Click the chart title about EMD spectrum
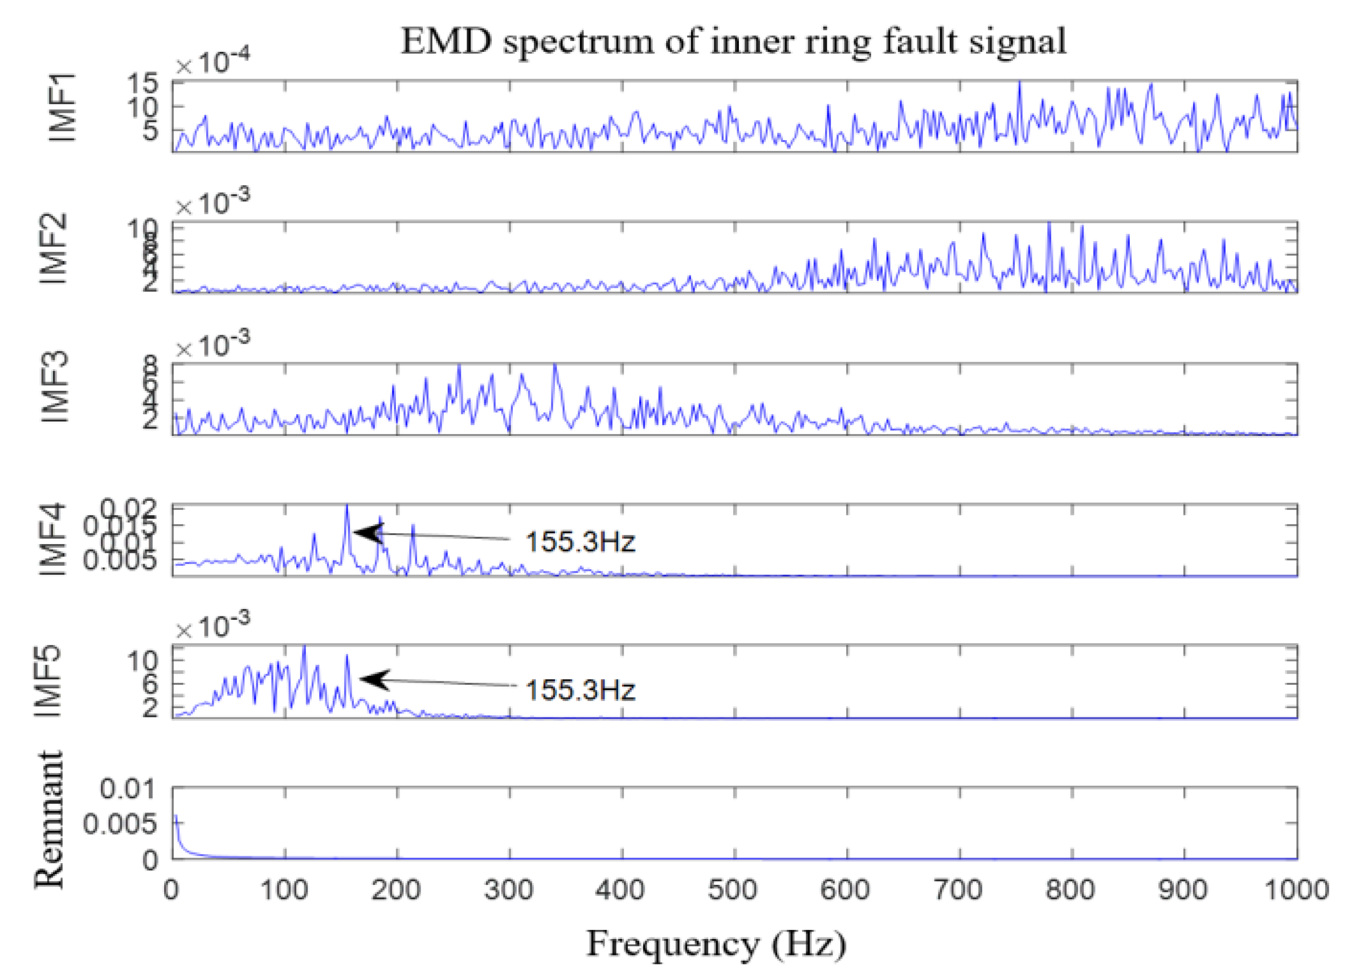tap(733, 42)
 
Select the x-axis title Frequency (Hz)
tap(716, 944)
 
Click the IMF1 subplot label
tap(62, 108)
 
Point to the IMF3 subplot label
tap(56, 388)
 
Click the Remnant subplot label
tap(48, 820)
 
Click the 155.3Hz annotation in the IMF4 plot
tap(579, 542)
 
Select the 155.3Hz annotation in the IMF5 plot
tap(579, 690)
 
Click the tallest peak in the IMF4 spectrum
tap(347, 507)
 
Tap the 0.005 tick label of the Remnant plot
tap(120, 824)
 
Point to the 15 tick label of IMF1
tap(142, 83)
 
